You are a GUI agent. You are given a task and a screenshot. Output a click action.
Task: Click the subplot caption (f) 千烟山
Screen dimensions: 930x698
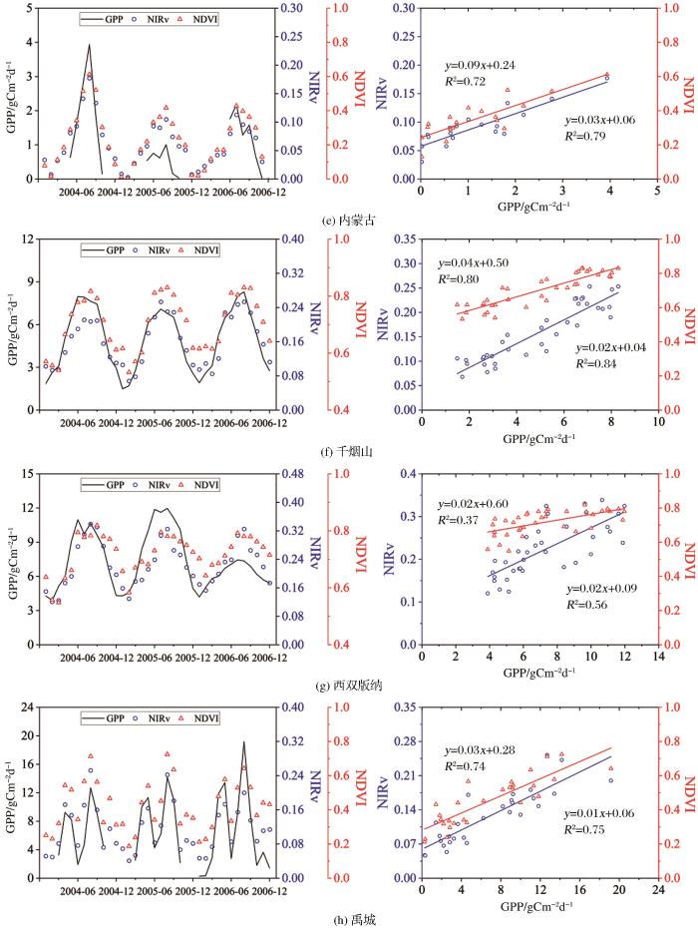pyautogui.click(x=348, y=452)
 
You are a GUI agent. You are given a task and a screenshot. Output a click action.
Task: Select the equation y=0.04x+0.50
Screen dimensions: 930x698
pyautogui.click(x=482, y=262)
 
